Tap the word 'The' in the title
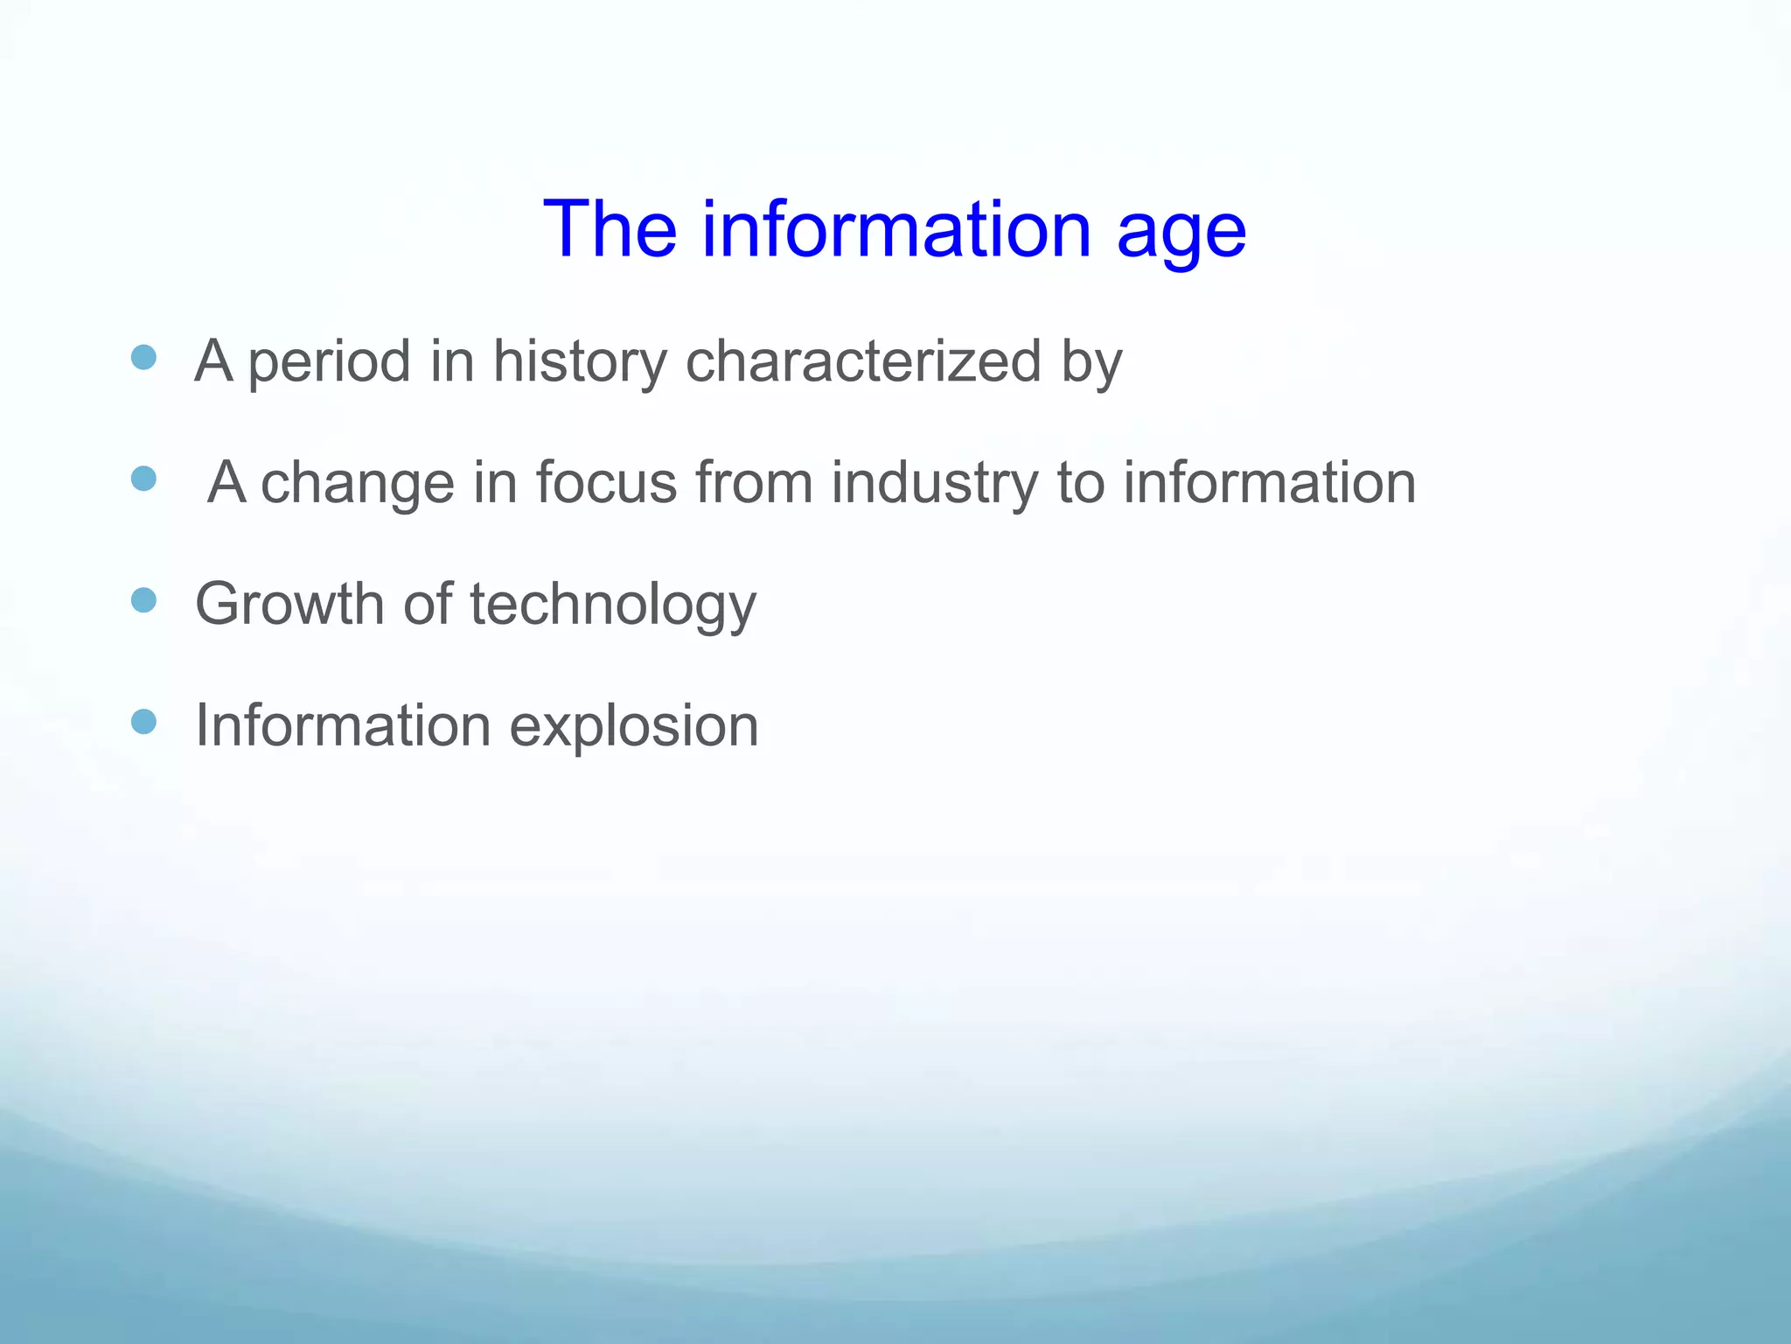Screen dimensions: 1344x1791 (610, 229)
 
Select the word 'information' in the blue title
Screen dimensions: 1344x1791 (896, 229)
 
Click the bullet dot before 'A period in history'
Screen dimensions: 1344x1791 (143, 357)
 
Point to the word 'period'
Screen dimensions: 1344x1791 (329, 362)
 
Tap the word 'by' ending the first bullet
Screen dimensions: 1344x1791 (1091, 362)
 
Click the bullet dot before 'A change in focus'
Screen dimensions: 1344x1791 (143, 479)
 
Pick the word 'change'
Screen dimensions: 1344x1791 (358, 484)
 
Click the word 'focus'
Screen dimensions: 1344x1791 (606, 482)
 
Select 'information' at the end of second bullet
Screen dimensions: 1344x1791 (1269, 482)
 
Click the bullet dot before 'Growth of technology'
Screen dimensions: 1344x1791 (143, 600)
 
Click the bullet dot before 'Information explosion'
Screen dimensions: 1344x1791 (143, 722)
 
